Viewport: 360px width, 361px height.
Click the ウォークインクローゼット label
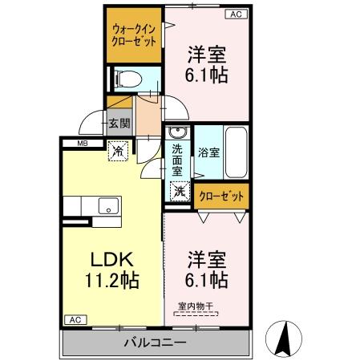point(135,34)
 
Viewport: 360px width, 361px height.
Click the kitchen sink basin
point(107,207)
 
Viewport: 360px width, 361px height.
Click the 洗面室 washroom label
point(177,159)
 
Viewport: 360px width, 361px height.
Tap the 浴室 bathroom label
point(208,150)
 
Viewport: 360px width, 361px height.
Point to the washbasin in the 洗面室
point(178,133)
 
